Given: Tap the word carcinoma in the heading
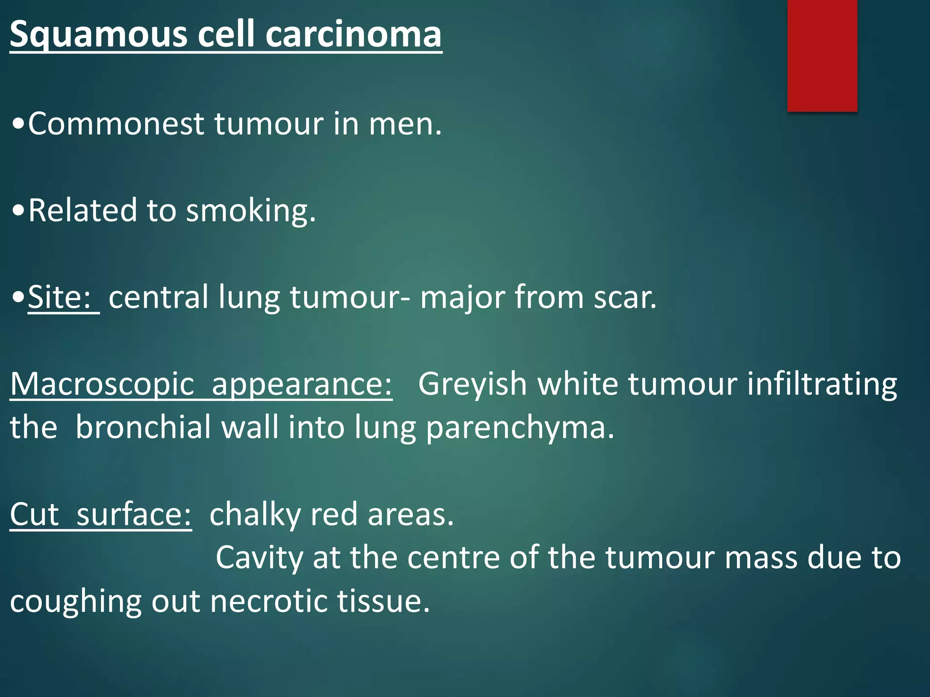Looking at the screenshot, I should point(353,34).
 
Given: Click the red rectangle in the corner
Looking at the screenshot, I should point(822,55).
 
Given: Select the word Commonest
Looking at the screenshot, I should point(116,123).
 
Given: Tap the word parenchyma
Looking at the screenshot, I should point(519,427).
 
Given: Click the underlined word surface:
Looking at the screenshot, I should point(134,515).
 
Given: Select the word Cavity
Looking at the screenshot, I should point(259,557).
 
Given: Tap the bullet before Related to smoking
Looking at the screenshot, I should point(19,211).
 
